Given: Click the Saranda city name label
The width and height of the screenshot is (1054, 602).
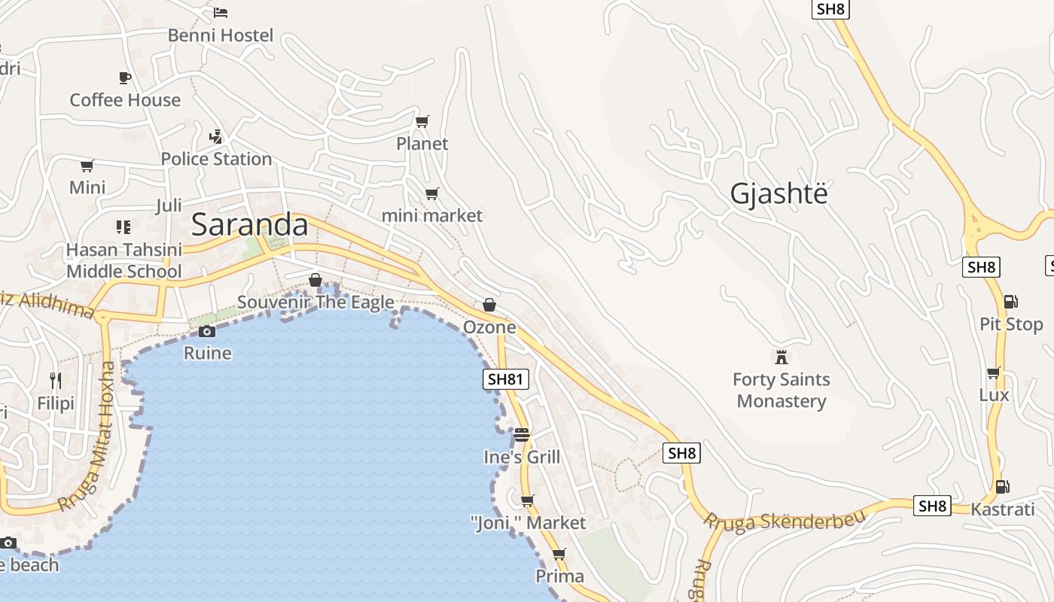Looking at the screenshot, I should point(250,225).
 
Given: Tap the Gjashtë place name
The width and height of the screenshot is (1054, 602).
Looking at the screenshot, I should point(778,194).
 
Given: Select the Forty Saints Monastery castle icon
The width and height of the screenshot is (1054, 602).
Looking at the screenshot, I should point(781,356).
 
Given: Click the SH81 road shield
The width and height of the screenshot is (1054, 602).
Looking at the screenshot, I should point(505,379).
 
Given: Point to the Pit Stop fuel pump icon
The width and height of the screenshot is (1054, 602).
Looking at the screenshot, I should point(1010,302).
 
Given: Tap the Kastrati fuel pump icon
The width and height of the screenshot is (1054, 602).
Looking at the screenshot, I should point(1001,487).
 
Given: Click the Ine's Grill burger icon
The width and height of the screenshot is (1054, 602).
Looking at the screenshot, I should point(522,435).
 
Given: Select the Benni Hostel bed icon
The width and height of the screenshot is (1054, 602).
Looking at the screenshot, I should point(221,13).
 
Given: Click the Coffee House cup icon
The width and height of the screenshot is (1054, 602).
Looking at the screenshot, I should point(125,78).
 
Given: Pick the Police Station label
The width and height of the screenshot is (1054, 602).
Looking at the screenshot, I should point(216,159).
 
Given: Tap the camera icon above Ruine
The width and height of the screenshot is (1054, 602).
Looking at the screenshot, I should point(207,331).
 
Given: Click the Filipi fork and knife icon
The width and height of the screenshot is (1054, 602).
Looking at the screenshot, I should point(56,380).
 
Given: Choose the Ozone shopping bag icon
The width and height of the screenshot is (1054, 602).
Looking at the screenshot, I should point(489,305).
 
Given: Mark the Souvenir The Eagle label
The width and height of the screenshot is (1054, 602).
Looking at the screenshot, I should point(315,303).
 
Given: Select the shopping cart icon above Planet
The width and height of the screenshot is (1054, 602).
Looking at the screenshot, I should point(422,121).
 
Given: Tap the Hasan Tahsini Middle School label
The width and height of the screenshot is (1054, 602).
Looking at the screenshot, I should point(124,260).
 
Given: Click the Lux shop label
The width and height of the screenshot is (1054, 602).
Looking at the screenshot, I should point(994,395).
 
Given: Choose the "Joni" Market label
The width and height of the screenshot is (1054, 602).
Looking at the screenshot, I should point(528,522).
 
